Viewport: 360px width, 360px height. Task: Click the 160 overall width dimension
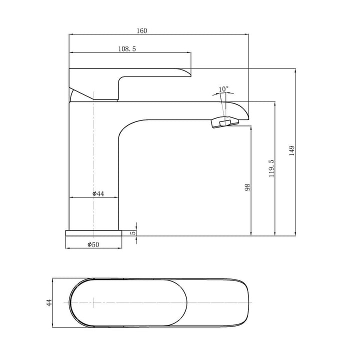[x=141, y=31]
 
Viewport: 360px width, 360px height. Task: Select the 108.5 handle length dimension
[x=127, y=48]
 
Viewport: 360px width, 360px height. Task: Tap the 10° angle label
[x=223, y=89]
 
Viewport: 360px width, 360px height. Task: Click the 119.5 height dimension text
[x=271, y=168]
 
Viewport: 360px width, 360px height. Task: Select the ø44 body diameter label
[x=97, y=194]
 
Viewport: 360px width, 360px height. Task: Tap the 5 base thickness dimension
[x=133, y=232]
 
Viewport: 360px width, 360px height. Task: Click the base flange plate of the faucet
[x=94, y=232]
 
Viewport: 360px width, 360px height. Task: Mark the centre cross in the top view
[x=93, y=303]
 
